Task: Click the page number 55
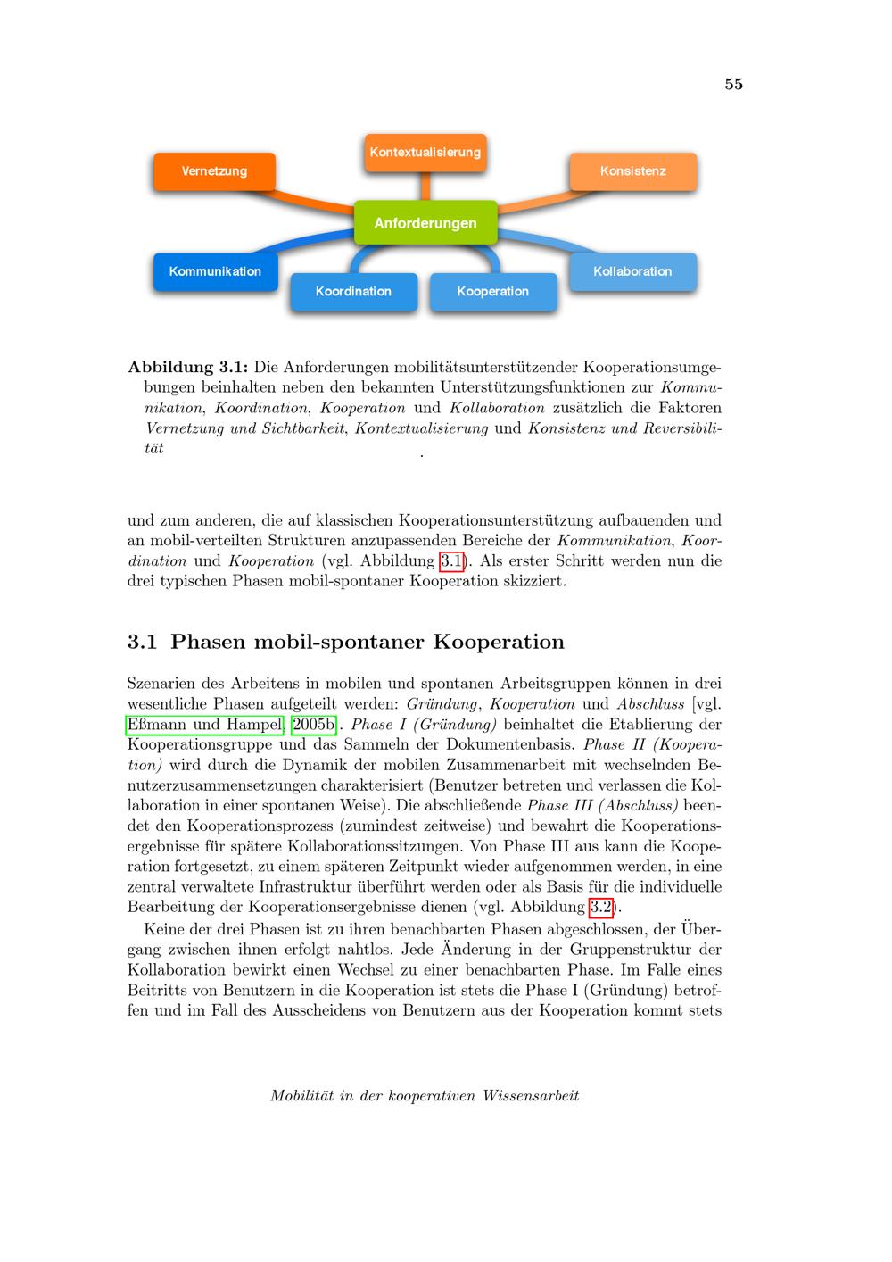coord(733,84)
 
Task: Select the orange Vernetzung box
coord(214,171)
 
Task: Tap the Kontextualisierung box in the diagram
coord(425,152)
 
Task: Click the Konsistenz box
coord(633,171)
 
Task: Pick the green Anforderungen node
coord(425,223)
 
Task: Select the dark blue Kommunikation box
coord(215,271)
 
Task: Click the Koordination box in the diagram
coord(353,292)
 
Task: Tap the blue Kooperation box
coord(493,292)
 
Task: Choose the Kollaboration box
coord(632,271)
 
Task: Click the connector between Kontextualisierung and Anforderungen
coord(425,187)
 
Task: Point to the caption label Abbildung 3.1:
coord(188,367)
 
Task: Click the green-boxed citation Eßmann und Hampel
coord(205,724)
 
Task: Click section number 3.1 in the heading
coord(143,642)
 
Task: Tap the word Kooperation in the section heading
coord(499,642)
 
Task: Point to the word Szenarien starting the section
coord(164,683)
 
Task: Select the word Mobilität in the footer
coord(300,1095)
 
